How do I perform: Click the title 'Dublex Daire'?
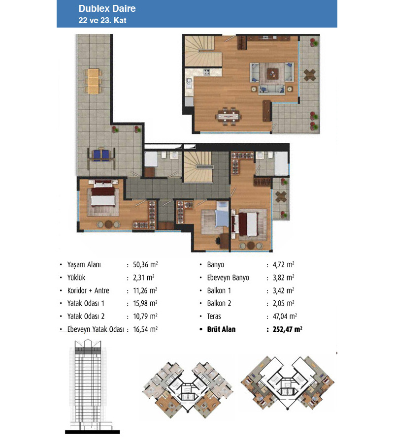107,8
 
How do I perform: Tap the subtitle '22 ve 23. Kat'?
102,20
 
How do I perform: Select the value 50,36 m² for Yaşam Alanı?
145,264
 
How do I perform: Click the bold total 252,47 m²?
287,329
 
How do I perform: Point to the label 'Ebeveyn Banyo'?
228,278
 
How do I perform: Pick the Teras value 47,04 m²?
285,316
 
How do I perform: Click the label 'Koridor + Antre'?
88,291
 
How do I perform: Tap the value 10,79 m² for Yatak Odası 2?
145,316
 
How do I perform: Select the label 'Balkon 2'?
219,303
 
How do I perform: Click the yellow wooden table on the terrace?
93,81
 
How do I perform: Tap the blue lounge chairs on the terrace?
101,156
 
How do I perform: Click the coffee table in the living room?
272,74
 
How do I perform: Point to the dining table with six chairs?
229,116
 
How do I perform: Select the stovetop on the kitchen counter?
207,72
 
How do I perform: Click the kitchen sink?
189,83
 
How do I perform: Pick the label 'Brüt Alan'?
221,329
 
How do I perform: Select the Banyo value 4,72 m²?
284,264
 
